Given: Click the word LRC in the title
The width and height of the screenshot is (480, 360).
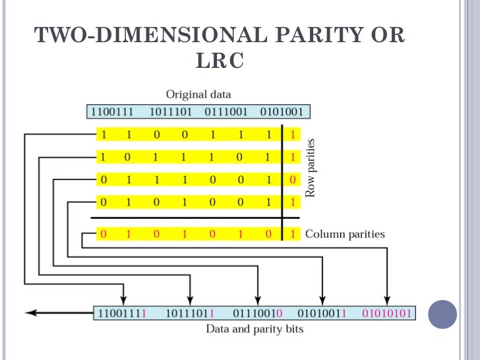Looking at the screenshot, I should (220, 60).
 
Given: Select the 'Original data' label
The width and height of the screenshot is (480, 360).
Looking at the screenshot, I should (198, 94).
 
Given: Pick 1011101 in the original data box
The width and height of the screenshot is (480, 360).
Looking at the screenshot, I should (171, 111).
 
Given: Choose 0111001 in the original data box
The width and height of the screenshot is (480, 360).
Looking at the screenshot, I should (226, 111).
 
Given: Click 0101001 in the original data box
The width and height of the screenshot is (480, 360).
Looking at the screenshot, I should (282, 111).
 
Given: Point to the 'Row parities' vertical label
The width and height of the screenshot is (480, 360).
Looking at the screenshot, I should (311, 167).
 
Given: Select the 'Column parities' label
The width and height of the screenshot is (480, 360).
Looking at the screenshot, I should (345, 234).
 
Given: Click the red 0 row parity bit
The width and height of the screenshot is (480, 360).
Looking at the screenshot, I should (293, 180).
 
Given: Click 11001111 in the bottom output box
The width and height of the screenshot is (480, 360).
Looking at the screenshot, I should (122, 313).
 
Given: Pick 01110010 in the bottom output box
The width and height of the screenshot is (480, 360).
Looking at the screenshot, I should (258, 313).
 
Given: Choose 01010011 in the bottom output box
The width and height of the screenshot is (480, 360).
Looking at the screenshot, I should (322, 313).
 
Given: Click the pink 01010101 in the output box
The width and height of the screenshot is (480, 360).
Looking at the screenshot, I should (386, 313).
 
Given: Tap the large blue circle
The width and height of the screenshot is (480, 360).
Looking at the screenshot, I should (442, 315).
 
